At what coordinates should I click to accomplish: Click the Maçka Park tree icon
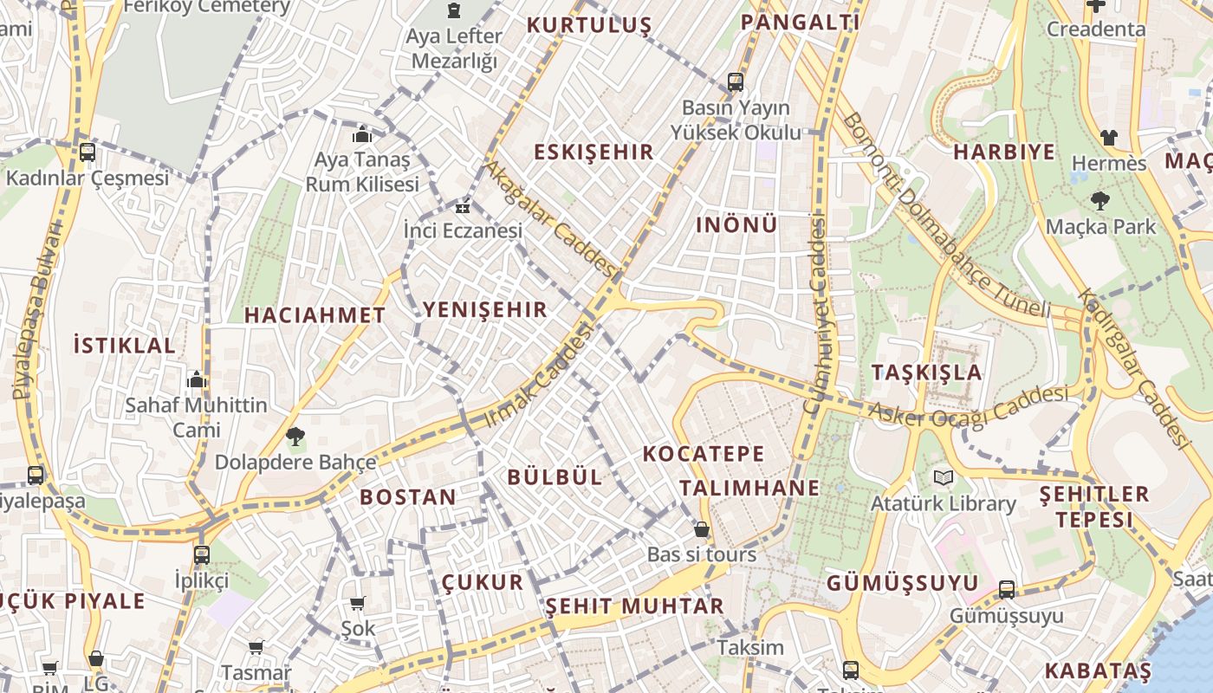[1099, 201]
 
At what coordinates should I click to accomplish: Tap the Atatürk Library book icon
[943, 477]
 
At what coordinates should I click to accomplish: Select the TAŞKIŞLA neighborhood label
[927, 372]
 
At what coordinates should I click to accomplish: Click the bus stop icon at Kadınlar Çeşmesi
[87, 152]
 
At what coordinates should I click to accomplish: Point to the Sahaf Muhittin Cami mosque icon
[197, 379]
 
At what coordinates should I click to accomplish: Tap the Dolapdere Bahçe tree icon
[295, 437]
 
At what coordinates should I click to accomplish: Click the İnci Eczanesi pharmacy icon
[464, 207]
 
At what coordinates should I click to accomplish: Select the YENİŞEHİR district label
[484, 309]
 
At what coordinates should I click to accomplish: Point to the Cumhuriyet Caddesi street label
[815, 315]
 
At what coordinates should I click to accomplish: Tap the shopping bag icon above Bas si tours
[701, 528]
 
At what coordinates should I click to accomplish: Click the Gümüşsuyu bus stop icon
[1006, 590]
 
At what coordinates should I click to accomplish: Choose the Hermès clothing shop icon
[1108, 137]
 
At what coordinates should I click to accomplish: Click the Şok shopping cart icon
[357, 603]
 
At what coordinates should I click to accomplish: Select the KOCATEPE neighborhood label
[704, 453]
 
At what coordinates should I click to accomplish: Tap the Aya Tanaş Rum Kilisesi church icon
[362, 134]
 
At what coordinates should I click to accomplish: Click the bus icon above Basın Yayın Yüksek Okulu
[735, 82]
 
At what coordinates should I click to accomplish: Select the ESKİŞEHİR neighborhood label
[594, 152]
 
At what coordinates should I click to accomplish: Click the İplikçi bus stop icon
[201, 554]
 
